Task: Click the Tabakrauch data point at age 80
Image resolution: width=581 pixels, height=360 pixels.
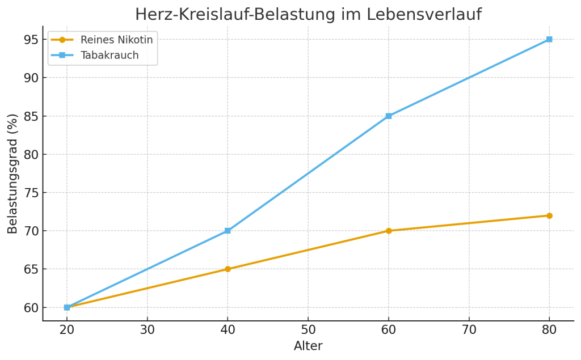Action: tap(549, 39)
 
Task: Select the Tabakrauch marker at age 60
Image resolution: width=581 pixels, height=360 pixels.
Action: tap(389, 116)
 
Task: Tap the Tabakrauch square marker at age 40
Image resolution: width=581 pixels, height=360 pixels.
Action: tap(228, 231)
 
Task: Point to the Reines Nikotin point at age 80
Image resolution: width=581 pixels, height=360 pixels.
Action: tap(549, 215)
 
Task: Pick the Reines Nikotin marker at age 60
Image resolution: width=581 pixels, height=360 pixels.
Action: tap(389, 231)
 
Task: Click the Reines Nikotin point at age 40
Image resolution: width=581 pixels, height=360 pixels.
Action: tap(228, 269)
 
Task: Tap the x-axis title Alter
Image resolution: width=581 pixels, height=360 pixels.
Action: tap(308, 346)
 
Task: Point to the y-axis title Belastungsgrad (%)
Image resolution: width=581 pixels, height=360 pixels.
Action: tap(12, 173)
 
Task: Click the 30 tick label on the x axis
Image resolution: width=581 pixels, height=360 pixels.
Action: tap(148, 330)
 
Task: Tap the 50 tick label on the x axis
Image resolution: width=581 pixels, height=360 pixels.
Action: tap(308, 330)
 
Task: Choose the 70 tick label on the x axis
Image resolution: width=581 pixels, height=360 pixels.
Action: tap(469, 330)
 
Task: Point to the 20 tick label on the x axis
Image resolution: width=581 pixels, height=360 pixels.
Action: tap(67, 330)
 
